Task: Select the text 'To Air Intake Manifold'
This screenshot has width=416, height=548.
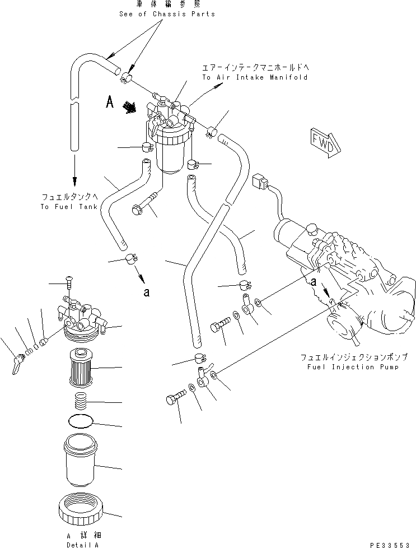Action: point(255,77)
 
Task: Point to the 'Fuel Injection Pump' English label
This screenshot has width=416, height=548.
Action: point(348,367)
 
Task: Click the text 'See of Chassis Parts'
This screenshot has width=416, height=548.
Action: point(167,14)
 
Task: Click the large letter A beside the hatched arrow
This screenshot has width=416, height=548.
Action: point(111,101)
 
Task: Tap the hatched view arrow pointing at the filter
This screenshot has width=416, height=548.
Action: point(130,106)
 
